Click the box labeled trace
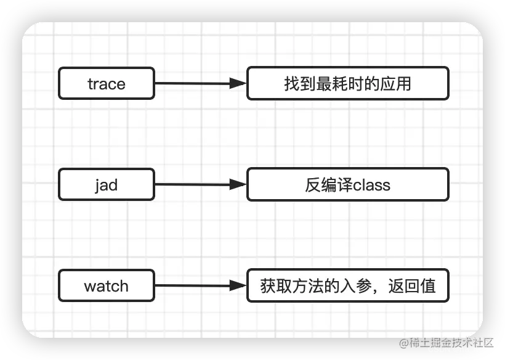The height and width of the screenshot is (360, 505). point(106,83)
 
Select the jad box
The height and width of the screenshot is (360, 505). point(106,184)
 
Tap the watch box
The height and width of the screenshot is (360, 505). point(106,285)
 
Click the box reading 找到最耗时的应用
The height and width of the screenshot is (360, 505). point(347,83)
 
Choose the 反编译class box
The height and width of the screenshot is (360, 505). point(347,184)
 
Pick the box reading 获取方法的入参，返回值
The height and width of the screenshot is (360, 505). point(347,285)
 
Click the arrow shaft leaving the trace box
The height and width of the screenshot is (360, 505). point(191,83)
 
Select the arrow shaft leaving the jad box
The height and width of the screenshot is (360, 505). point(191,184)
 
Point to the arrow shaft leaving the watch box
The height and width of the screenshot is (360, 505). point(191,285)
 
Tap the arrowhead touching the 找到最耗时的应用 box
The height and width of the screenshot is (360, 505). point(238,83)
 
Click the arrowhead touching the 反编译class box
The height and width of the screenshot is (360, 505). point(238,184)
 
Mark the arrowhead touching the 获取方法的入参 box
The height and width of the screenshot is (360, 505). point(238,285)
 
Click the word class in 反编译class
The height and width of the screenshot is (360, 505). point(371,185)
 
